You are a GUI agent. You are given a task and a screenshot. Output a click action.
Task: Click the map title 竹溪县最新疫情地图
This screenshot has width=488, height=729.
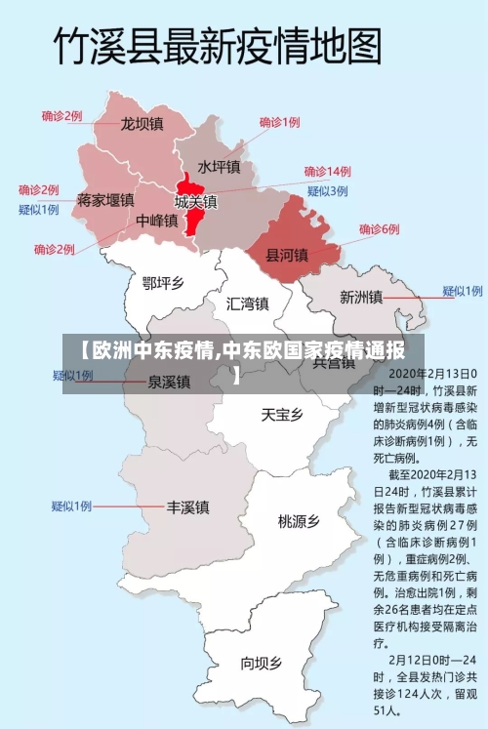[216, 46]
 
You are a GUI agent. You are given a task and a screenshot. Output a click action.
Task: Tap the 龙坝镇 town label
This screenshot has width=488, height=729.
[142, 124]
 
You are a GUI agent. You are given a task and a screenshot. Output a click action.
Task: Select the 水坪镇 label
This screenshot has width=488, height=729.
[219, 167]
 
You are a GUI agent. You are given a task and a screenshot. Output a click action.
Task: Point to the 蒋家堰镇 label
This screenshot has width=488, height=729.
[105, 200]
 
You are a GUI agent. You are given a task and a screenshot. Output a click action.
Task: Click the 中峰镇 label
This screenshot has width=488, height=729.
[157, 221]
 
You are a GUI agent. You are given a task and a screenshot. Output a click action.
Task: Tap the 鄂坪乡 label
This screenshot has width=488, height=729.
[163, 283]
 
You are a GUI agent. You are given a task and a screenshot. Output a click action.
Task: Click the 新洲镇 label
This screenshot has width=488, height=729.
[360, 297]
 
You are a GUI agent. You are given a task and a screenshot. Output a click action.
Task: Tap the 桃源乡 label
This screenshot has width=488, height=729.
[299, 521]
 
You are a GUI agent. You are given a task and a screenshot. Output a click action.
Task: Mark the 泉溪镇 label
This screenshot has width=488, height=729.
[169, 382]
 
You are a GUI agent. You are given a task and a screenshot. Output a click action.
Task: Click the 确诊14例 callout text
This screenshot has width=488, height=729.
[327, 171]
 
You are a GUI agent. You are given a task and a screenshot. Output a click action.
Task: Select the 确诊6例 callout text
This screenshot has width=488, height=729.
[379, 229]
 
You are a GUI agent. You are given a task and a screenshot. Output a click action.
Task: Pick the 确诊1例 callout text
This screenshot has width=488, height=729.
[279, 123]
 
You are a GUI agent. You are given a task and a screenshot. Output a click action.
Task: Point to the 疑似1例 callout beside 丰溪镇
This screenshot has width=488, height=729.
[71, 506]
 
